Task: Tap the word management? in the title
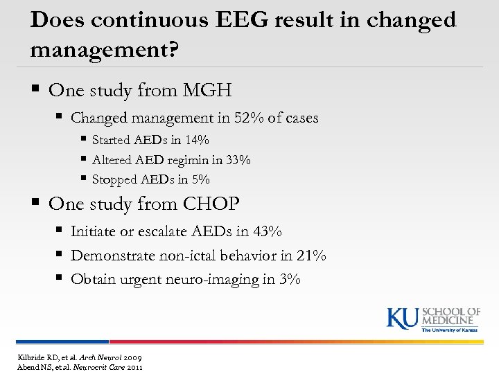point(104,51)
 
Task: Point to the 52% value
point(240,118)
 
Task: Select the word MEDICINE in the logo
point(451,320)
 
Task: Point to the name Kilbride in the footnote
point(30,356)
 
